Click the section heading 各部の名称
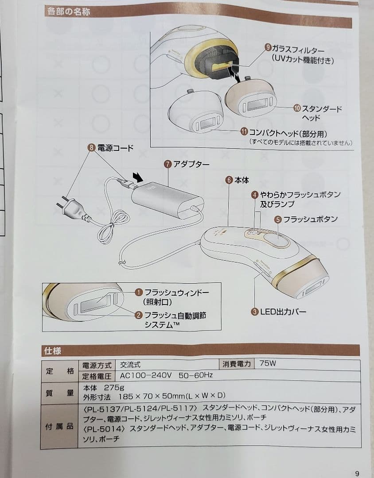tap(68, 12)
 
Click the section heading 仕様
tap(51, 351)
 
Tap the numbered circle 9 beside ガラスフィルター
tap(268, 46)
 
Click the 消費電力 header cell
tap(237, 364)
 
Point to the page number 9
tap(357, 473)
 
